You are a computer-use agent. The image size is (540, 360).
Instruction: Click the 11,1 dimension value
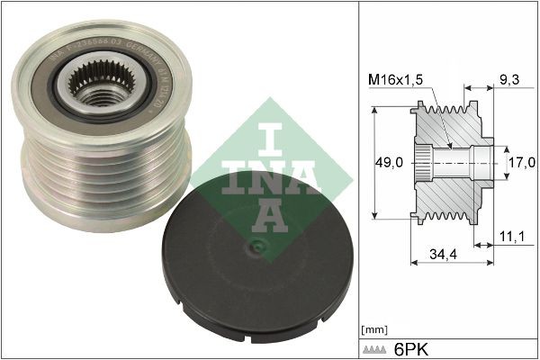tap(509, 236)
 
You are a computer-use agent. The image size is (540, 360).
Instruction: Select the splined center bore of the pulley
tap(91, 90)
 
